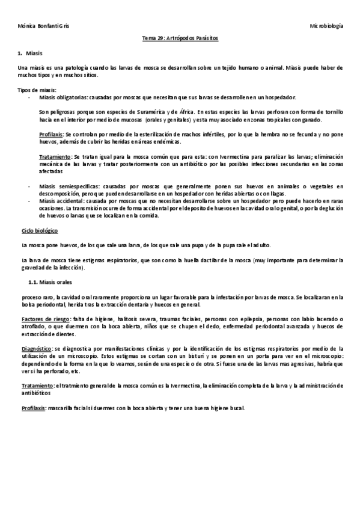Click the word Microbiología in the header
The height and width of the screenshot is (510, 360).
326,26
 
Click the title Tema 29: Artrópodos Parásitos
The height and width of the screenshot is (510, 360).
180,38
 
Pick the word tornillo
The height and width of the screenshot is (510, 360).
331,112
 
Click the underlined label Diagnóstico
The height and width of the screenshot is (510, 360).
35,348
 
